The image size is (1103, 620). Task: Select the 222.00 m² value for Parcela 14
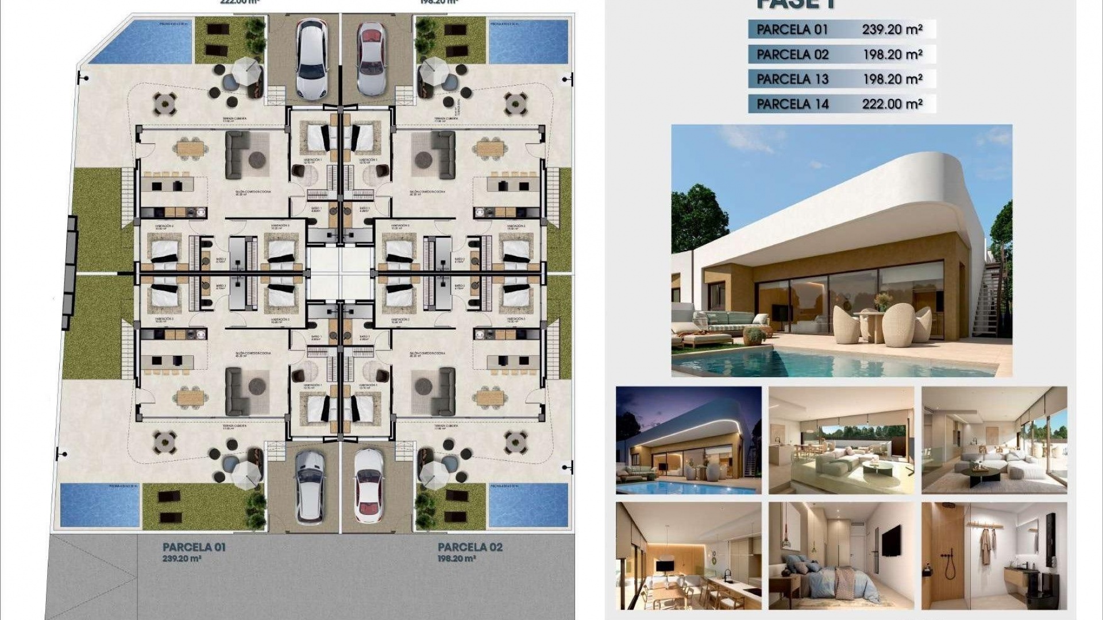pos(892,104)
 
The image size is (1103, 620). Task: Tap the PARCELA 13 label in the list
pos(792,79)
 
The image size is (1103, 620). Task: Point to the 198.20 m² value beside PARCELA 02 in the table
pos(892,55)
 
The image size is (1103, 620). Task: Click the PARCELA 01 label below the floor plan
pos(194,547)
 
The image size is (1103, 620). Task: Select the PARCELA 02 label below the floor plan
pos(470,547)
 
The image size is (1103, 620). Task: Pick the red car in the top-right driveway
pos(371,59)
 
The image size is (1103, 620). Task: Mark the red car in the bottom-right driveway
pos(368,486)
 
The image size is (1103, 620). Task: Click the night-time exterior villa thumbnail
pos(688,440)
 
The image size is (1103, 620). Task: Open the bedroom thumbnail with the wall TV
pos(841,556)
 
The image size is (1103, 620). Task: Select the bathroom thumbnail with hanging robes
pos(994,556)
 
